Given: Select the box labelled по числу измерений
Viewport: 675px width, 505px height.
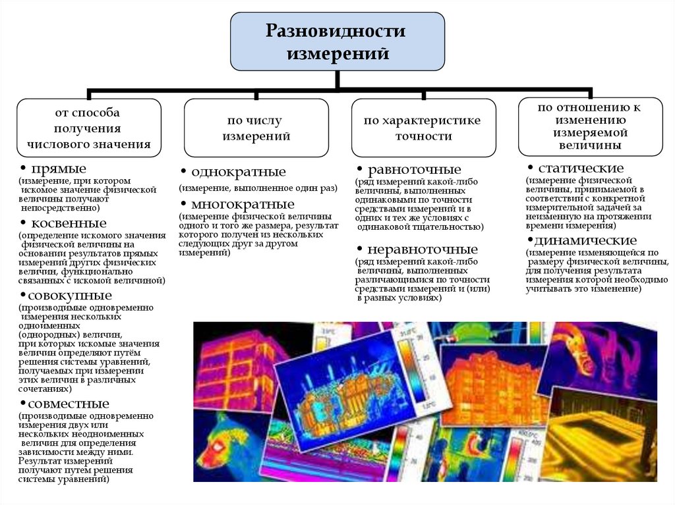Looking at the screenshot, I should pyautogui.click(x=256, y=128).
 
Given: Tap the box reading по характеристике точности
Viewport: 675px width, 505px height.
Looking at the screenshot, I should pyautogui.click(x=423, y=128).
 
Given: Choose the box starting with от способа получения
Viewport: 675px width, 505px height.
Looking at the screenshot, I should pyautogui.click(x=89, y=128).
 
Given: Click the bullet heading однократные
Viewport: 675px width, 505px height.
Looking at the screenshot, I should pyautogui.click(x=238, y=173).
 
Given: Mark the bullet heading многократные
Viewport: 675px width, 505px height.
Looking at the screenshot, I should pyautogui.click(x=242, y=203).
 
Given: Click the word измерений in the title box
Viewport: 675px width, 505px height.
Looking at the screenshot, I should pyautogui.click(x=337, y=53).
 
